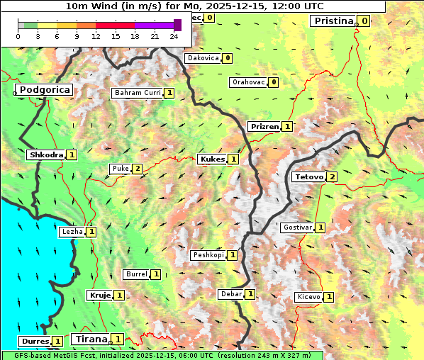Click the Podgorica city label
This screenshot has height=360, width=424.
click(x=44, y=90)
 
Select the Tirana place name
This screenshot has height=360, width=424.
click(x=89, y=339)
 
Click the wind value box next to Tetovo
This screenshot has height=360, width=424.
click(x=332, y=176)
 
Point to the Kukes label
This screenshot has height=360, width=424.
click(x=212, y=159)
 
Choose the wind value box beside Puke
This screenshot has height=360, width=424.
click(x=137, y=169)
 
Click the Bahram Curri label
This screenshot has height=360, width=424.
click(x=138, y=93)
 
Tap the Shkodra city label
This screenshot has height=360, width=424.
click(x=46, y=154)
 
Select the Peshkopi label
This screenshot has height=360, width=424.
click(x=208, y=255)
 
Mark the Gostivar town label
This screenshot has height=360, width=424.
click(x=296, y=227)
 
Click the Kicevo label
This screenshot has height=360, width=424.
click(x=308, y=297)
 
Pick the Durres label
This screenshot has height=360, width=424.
click(x=35, y=342)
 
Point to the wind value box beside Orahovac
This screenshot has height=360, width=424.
click(x=274, y=82)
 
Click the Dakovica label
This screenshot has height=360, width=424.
click(x=202, y=58)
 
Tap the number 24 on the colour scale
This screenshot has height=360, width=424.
click(x=174, y=36)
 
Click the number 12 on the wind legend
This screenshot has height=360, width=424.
click(x=96, y=36)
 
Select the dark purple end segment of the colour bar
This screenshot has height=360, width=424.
click(x=177, y=25)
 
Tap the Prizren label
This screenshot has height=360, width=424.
click(x=264, y=127)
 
